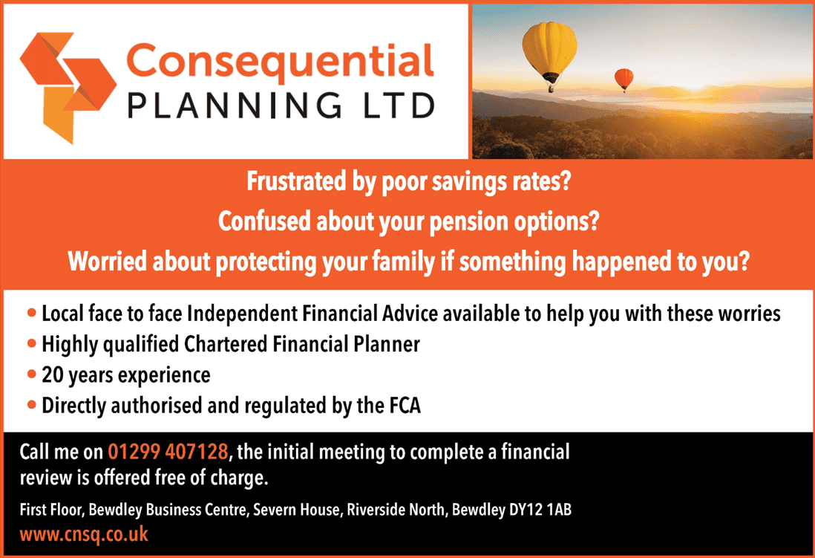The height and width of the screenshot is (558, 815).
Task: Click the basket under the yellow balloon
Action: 551,89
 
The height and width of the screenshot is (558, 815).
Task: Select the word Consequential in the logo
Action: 280,62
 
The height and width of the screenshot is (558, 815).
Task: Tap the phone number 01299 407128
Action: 168,451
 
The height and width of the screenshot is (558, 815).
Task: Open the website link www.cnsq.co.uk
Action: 84,534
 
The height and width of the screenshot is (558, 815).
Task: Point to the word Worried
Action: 107,261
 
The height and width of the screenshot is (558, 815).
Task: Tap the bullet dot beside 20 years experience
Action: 32,374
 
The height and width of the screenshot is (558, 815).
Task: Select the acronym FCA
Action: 405,406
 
